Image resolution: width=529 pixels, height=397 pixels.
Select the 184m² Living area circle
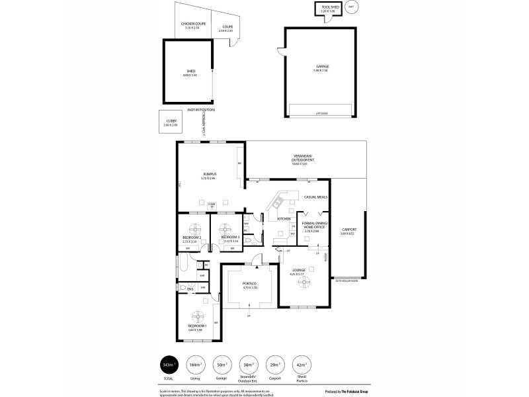195,365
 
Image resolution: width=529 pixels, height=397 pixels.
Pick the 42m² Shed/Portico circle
302,365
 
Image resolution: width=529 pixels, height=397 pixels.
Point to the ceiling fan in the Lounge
304,281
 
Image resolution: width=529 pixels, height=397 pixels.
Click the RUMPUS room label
210,175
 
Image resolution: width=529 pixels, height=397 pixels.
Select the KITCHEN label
283,218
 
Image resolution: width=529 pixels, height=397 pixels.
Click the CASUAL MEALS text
315,197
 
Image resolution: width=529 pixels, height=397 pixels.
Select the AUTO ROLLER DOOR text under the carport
346,281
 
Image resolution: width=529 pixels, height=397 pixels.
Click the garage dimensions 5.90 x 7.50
322,71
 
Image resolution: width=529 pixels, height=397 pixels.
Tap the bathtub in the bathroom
185,271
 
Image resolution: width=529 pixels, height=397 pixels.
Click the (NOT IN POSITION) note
201,109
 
